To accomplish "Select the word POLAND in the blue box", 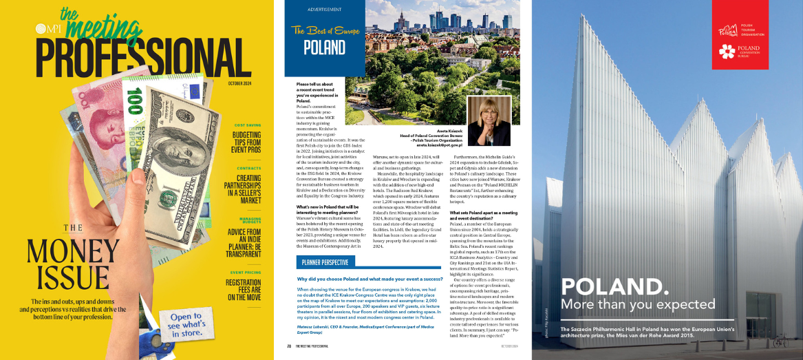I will [x=325, y=48].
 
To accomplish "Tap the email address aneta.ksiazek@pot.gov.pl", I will [x=440, y=145].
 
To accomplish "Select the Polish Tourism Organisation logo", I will [x=729, y=32].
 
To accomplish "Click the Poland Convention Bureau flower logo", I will [x=727, y=51].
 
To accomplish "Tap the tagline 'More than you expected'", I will [x=639, y=304].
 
